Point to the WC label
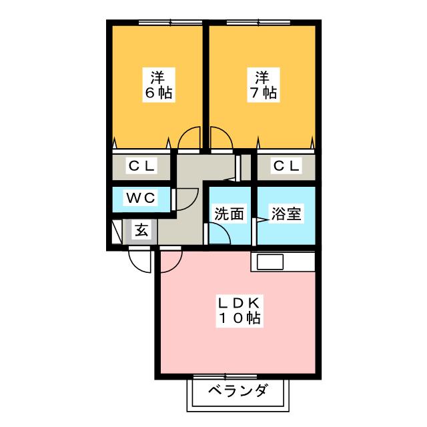141,197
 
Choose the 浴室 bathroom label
286,214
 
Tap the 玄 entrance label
141,231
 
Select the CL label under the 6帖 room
141,165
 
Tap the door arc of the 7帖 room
221,138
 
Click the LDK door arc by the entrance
170,260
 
